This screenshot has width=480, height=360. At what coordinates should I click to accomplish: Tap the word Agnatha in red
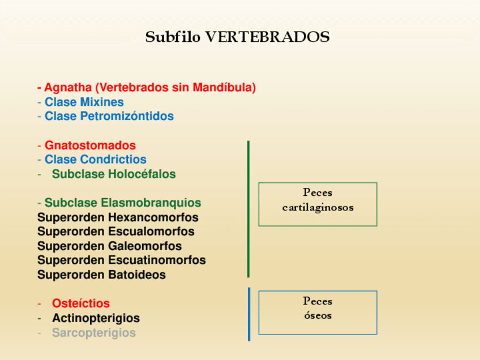[x=68, y=88]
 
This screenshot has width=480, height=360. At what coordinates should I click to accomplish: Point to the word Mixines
[x=102, y=102]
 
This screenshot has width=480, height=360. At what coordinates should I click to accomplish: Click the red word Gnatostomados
[x=90, y=145]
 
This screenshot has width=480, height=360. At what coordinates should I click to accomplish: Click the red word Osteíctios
[x=81, y=303]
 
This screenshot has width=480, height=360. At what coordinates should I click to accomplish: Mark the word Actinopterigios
[x=96, y=318]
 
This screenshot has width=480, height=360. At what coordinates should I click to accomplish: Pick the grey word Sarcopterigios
[x=94, y=333]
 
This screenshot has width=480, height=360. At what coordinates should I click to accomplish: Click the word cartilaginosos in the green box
[x=318, y=207]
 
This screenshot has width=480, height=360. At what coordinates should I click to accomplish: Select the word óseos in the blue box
[x=318, y=315]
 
